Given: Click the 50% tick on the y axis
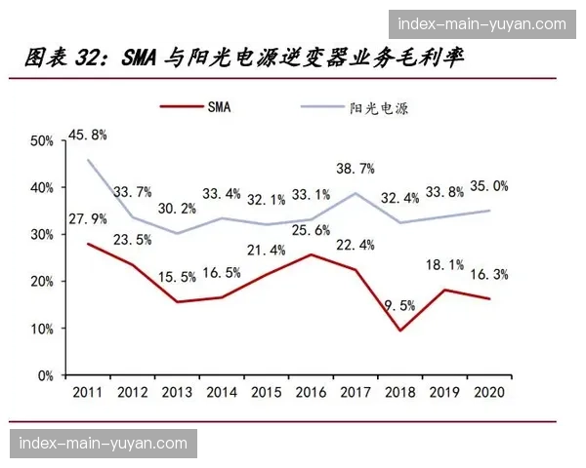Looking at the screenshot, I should point(42,141).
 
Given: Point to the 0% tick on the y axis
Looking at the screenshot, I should point(45,375).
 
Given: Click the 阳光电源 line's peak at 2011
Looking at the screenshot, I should point(88,160).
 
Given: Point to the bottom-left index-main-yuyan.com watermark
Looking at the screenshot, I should point(103,444).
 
